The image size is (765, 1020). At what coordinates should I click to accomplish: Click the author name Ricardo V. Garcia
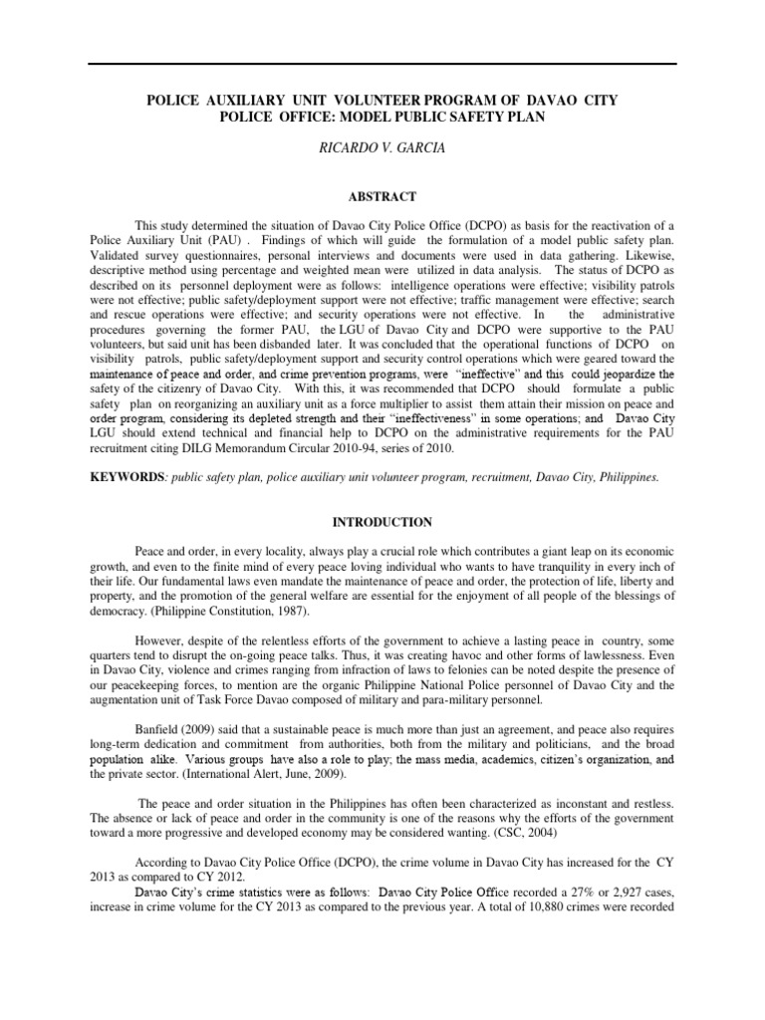382,146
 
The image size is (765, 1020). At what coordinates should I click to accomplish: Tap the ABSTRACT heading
382,197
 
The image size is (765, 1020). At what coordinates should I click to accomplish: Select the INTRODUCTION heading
382,521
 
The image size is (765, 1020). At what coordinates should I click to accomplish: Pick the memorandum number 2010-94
382,449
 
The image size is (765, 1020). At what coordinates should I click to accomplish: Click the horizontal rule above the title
382,65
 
